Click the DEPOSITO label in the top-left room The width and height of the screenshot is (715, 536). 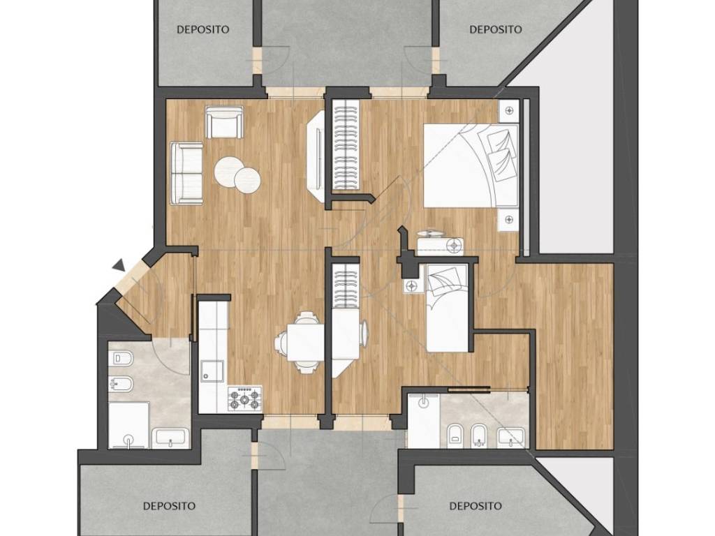point(203,29)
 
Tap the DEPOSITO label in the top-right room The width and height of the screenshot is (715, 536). point(496,29)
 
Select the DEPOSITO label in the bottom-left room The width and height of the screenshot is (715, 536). point(169,506)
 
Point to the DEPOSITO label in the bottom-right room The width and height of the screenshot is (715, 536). point(476,506)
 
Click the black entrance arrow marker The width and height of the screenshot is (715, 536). point(119,265)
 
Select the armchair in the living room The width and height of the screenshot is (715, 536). point(224,121)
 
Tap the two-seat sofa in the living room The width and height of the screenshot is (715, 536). point(186,174)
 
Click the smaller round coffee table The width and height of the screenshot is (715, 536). point(248,179)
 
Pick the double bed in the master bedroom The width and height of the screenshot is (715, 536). point(471,165)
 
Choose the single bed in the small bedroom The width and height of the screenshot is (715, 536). point(447,308)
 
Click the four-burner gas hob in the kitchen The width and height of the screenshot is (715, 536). point(245,399)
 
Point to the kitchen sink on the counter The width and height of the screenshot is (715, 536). point(212,370)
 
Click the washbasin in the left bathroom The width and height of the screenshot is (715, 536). point(172,438)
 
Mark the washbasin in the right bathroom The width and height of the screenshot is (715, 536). point(512,437)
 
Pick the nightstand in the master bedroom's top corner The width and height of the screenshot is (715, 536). point(509,111)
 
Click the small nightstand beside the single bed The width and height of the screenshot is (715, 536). point(412,285)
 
